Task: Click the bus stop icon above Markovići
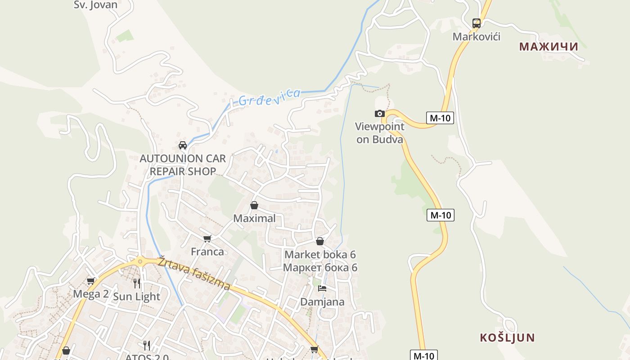click(476, 23)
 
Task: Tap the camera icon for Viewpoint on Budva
click(380, 113)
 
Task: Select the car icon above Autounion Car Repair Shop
click(183, 145)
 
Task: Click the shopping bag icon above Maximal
click(254, 206)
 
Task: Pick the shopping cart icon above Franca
click(207, 238)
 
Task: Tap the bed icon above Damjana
click(322, 288)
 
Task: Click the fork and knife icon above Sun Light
click(137, 283)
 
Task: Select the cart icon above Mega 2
click(90, 281)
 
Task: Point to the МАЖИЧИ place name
click(548, 46)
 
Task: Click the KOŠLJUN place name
click(507, 337)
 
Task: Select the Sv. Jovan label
click(95, 5)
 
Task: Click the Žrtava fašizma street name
click(194, 273)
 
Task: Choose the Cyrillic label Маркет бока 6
click(320, 268)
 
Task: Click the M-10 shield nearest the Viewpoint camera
click(440, 118)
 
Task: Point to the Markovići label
click(476, 36)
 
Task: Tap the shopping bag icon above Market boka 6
click(320, 241)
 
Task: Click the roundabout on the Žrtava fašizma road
click(140, 261)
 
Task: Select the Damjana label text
click(322, 301)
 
